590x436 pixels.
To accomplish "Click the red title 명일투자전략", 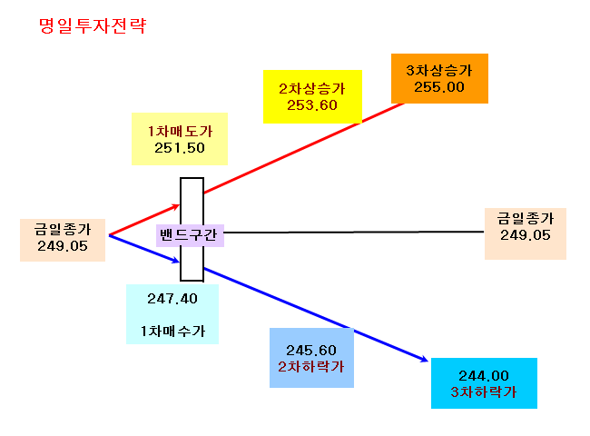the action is [93, 25].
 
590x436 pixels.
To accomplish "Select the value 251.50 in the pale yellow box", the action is [180, 147].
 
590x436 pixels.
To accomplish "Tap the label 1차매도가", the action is [180, 132].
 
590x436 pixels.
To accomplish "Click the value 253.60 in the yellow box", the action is [312, 105].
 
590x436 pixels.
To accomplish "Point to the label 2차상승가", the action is [312, 89].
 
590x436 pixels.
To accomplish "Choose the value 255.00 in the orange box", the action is [439, 87].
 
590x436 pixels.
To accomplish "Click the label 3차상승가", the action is [439, 71].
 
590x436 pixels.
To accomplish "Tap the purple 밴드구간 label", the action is [190, 235].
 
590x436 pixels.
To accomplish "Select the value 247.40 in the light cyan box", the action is [172, 299].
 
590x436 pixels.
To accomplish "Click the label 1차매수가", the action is [172, 331].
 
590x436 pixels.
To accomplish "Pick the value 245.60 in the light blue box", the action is [311, 350].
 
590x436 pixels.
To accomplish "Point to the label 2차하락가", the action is [311, 366].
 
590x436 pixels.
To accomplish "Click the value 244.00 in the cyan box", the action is [484, 375].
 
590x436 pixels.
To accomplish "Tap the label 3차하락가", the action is [484, 392].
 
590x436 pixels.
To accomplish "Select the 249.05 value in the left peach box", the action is [63, 246].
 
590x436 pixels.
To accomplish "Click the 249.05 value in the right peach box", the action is [526, 235].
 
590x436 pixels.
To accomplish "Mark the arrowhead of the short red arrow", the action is [179, 205].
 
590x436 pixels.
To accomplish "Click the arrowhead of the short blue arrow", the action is [178, 261].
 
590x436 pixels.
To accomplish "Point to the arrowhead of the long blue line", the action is [427, 361].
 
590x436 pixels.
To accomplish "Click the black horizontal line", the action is [354, 233].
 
